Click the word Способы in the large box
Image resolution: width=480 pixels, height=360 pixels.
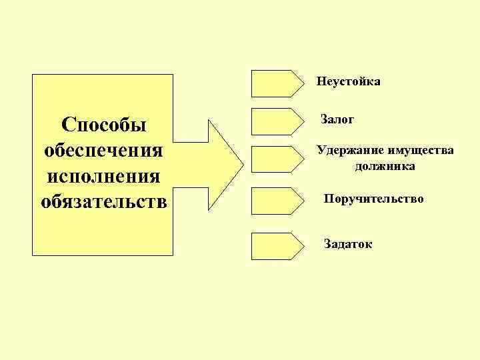103,125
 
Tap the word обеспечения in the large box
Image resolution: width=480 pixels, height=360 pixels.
103,149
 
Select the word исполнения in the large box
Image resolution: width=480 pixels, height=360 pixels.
103,175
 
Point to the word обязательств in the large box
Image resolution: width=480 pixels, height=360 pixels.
103,200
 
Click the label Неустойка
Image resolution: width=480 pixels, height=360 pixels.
349,82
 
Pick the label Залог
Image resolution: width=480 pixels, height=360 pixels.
337,120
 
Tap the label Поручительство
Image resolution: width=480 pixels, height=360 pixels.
373,199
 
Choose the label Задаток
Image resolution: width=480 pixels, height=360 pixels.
348,245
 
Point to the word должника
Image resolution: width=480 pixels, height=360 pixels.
385,166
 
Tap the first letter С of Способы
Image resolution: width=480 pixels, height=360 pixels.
67,125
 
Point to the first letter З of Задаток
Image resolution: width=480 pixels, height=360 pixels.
327,245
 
